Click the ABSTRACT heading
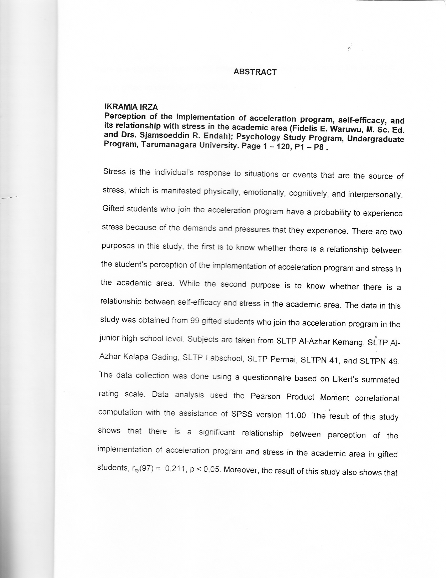tap(255, 72)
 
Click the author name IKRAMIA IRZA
tap(131, 107)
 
